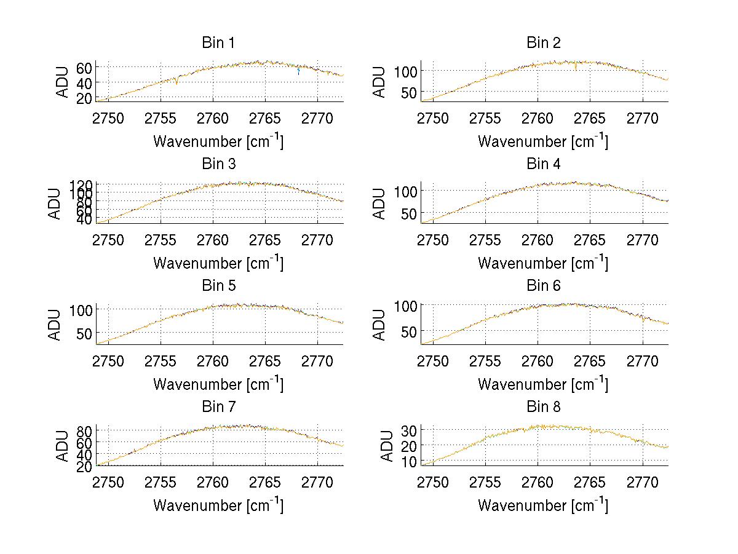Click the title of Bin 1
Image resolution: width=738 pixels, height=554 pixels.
218,43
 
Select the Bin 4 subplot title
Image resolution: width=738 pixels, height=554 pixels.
543,164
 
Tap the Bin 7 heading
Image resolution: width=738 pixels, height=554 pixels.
218,406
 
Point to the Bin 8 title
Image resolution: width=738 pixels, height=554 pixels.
543,406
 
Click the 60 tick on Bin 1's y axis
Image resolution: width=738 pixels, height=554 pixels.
84,67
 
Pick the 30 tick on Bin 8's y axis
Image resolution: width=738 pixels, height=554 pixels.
409,429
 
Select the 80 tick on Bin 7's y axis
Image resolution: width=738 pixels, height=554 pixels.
84,430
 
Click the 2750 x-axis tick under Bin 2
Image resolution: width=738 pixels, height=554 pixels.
433,118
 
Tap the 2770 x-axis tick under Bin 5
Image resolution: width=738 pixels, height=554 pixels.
318,360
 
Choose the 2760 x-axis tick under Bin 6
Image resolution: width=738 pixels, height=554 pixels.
538,360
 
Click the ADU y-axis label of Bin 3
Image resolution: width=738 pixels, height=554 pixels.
55,204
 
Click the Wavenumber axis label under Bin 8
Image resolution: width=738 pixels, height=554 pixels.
543,505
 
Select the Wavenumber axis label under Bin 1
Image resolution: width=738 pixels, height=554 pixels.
218,141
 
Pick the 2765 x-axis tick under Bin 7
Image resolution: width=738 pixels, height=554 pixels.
266,481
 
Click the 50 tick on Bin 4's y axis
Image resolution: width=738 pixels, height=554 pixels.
409,213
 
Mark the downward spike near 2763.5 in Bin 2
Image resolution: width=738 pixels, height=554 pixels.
576,68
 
